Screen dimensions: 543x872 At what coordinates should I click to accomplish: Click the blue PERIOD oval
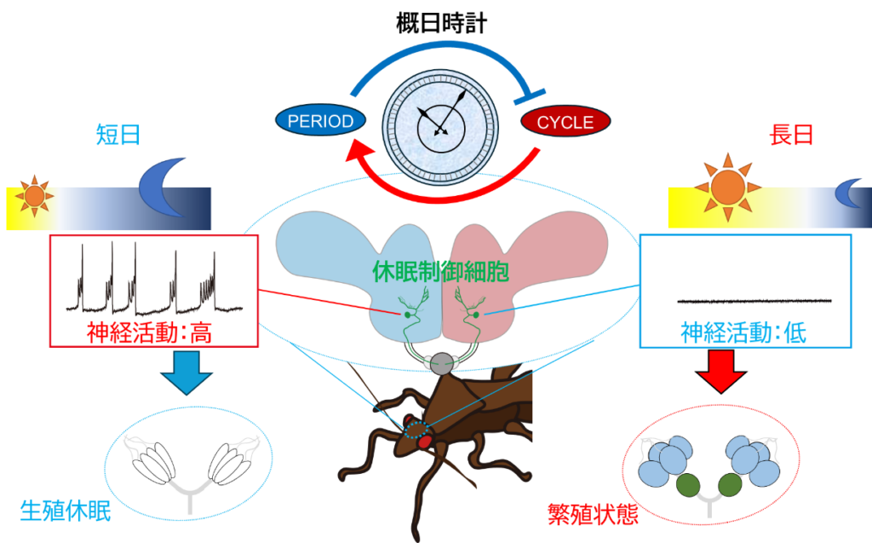point(320,121)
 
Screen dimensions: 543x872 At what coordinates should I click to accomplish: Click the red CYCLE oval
point(565,122)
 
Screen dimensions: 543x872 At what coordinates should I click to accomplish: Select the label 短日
point(118,135)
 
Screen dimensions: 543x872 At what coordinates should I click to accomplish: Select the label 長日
point(791,135)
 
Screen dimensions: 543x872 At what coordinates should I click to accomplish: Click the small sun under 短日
point(34,196)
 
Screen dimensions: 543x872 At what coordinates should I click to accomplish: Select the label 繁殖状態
point(594,514)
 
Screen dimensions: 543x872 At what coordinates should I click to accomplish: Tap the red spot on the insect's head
point(425,442)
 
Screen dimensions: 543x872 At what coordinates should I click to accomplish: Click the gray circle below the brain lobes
point(441,364)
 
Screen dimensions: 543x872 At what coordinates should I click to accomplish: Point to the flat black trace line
point(754,300)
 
